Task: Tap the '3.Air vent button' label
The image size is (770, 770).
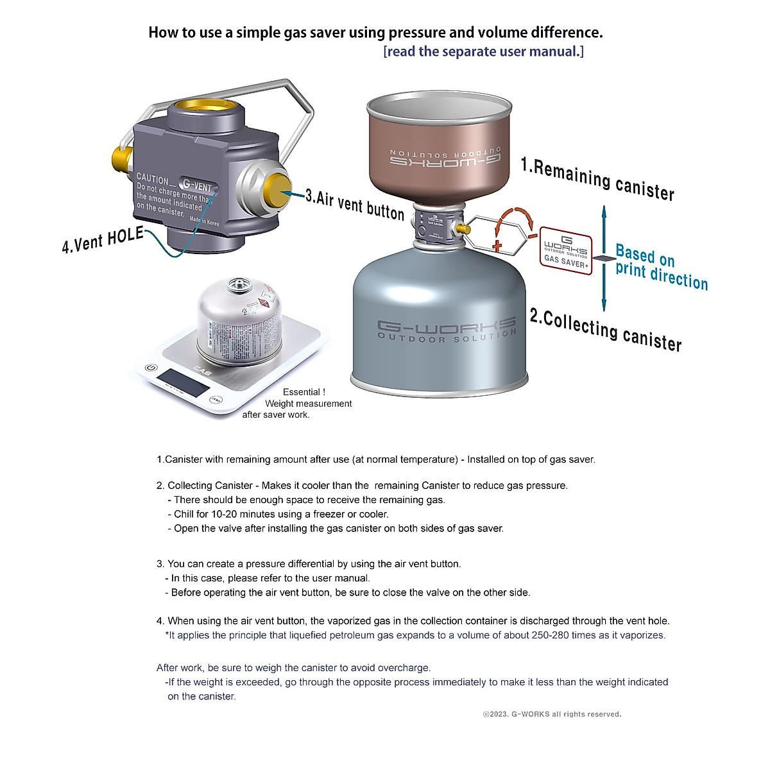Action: coord(354,204)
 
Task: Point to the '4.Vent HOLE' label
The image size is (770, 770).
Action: coord(103,240)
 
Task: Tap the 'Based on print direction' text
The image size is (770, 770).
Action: coord(660,267)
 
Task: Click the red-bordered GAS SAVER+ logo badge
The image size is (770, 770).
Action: coord(565,250)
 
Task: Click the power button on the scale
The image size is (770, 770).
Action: coord(150,368)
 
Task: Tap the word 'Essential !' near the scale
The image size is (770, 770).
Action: coord(304,392)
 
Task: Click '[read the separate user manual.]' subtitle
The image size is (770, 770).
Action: coord(483,51)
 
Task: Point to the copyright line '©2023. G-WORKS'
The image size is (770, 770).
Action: coord(552,714)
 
